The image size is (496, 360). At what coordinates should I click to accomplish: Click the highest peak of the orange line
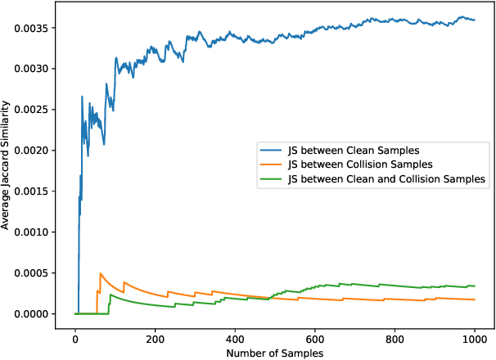pos(100,273)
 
